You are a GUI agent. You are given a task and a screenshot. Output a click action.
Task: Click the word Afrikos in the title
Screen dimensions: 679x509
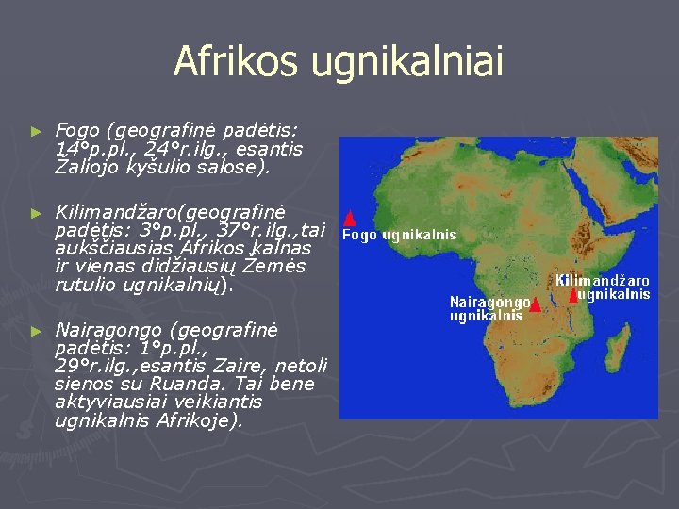(x=236, y=59)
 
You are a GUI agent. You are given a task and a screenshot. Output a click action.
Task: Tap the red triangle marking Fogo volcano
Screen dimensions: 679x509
(x=350, y=218)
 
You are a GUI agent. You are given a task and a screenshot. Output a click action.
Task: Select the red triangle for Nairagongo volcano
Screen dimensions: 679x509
(x=536, y=304)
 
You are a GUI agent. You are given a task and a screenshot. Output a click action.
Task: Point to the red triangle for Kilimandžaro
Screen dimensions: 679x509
(x=573, y=296)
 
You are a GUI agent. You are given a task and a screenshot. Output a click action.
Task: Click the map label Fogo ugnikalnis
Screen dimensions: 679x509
(x=399, y=235)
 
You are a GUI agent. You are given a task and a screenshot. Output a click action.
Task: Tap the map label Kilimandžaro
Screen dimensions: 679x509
(x=603, y=281)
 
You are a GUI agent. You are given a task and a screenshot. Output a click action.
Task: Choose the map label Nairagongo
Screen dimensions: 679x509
(x=489, y=303)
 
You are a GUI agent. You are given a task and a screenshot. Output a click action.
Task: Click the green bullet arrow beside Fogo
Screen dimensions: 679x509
(x=37, y=132)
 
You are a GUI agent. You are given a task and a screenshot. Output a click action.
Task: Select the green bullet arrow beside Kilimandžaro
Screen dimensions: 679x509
(x=37, y=213)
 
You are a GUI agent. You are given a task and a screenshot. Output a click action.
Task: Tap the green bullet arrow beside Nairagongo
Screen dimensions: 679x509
(x=37, y=332)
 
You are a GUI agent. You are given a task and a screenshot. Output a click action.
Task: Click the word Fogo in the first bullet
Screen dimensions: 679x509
(x=77, y=130)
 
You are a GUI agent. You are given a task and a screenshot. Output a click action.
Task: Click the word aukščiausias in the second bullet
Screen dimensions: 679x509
(x=114, y=249)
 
